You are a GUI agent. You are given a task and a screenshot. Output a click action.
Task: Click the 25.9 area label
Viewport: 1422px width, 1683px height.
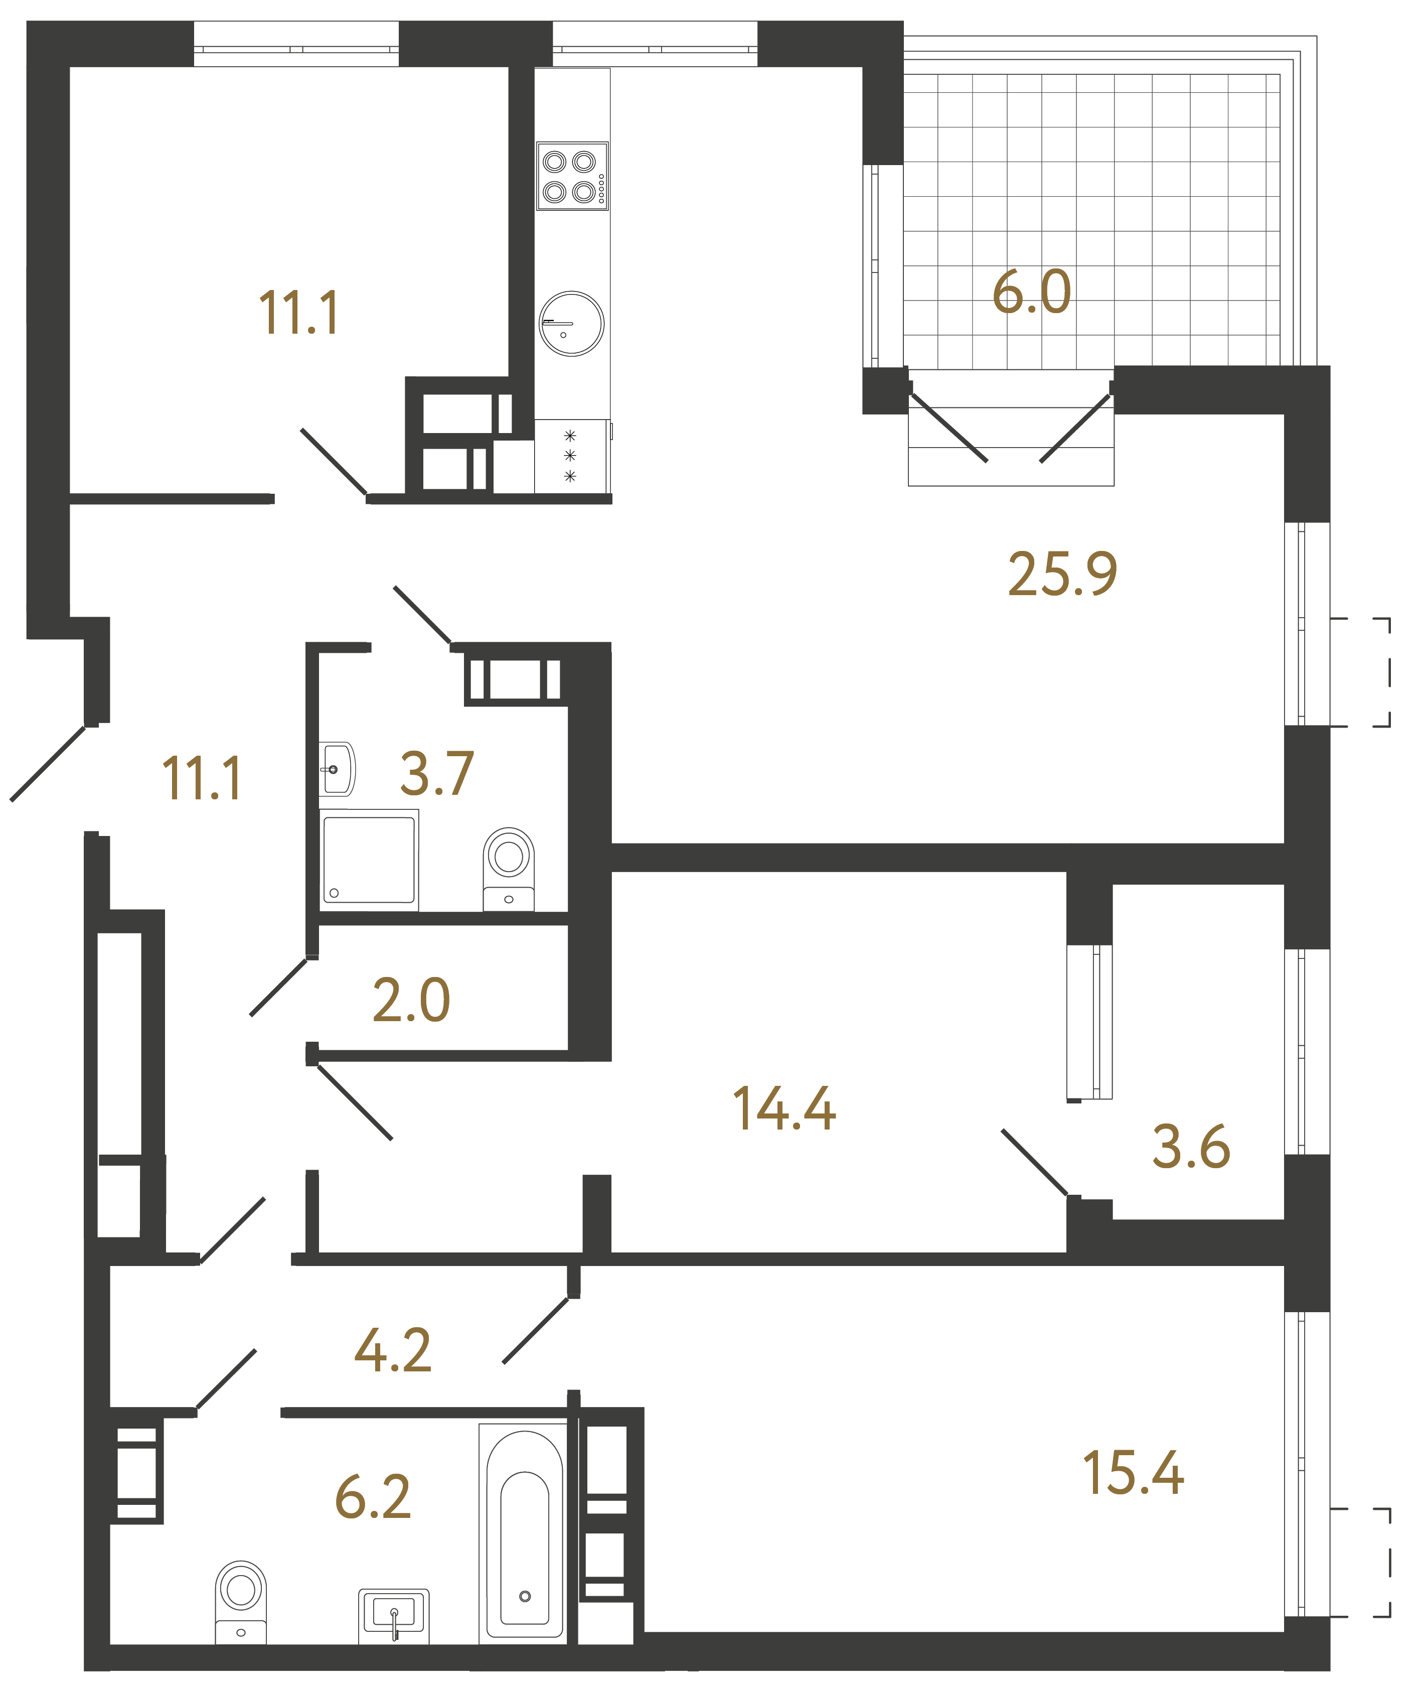[x=1062, y=574]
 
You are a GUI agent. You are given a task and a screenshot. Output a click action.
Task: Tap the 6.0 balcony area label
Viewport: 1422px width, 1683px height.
[x=1031, y=292]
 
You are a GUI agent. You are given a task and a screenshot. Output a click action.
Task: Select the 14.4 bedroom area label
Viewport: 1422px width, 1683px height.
[x=783, y=1109]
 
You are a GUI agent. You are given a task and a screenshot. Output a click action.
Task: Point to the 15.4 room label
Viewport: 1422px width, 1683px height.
[x=1133, y=1473]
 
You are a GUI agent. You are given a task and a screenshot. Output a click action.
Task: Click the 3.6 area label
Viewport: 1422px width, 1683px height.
[x=1191, y=1147]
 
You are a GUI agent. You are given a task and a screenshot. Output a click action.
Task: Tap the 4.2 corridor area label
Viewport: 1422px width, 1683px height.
[x=393, y=1351]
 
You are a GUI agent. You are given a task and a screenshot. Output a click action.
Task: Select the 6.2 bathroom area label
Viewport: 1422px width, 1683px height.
[x=372, y=1497]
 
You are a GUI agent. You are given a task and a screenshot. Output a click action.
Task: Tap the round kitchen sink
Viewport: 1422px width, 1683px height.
[x=571, y=323]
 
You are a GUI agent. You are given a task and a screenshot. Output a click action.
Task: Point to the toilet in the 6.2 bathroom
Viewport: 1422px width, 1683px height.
[x=241, y=1603]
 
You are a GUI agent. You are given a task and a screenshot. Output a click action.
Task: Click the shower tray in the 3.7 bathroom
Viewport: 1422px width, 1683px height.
[x=369, y=860]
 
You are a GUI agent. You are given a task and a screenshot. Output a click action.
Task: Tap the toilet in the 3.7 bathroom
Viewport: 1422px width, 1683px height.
[x=509, y=868]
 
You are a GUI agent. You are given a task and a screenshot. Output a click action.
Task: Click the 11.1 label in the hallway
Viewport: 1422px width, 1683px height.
[x=202, y=779]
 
